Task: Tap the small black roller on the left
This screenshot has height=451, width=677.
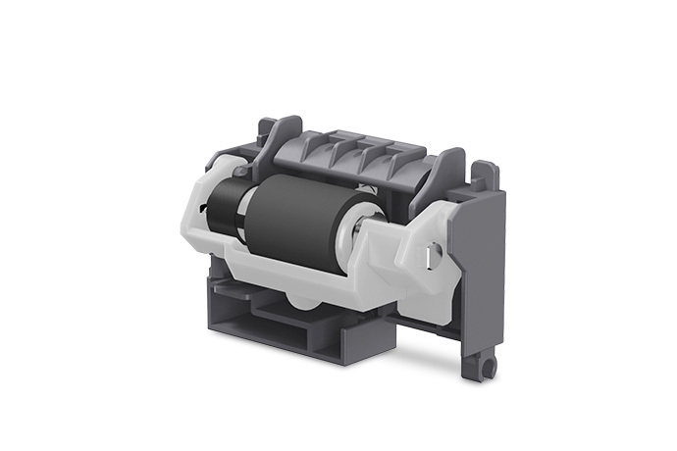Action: point(225,206)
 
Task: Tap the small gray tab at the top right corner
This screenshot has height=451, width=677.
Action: point(483,174)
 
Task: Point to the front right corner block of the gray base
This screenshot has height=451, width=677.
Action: point(367,338)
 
